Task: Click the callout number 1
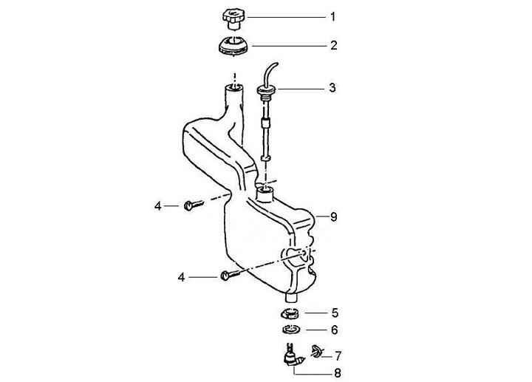point(333,16)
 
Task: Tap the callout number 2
point(333,45)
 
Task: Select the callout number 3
point(332,88)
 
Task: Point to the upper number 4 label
point(157,205)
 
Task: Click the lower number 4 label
point(181,277)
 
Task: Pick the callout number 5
point(334,313)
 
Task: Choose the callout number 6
point(334,330)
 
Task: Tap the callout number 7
point(338,355)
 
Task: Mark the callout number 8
point(333,216)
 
